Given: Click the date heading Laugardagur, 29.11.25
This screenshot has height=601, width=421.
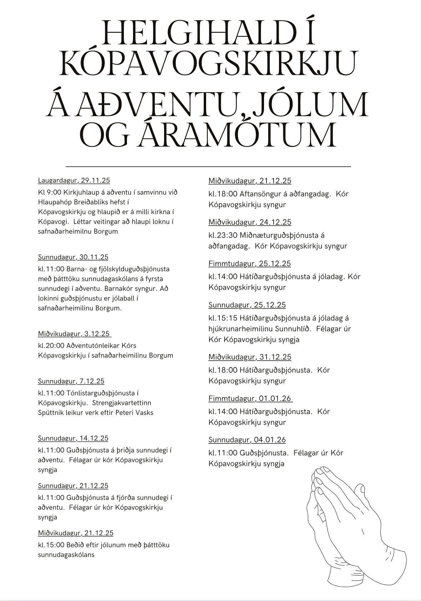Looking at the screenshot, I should tap(74, 180).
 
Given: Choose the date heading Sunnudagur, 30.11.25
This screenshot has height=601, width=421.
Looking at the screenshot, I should tap(73, 257).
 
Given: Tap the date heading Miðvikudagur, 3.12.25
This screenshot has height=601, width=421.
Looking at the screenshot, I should tap(74, 334).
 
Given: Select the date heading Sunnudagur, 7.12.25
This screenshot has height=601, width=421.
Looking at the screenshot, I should tap(71, 381).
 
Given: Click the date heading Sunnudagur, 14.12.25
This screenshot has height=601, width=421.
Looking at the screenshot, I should tap(73, 438).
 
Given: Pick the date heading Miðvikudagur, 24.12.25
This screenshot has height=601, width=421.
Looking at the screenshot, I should tap(250, 222).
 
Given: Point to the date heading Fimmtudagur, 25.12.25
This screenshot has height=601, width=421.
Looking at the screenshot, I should tap(249, 264).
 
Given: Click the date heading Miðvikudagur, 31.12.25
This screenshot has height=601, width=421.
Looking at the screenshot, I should tap(250, 357).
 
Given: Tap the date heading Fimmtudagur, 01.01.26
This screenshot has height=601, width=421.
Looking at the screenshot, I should tap(250, 398).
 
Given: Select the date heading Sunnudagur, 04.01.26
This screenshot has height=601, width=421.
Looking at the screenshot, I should tap(247, 440).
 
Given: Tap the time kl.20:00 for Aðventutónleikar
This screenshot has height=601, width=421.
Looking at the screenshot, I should tap(51, 346).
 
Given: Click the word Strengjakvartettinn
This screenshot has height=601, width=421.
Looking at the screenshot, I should tap(122, 403).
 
